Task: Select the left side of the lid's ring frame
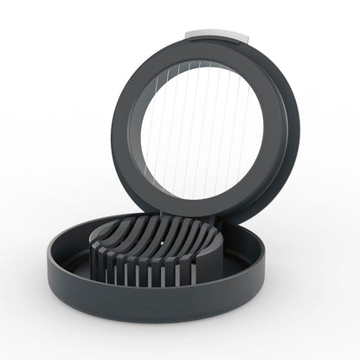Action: [127, 130]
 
